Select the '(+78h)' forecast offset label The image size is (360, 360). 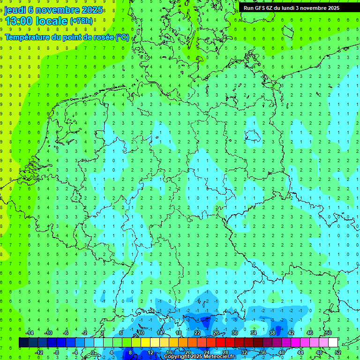(x=81, y=21)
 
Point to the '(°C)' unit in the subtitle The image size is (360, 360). (x=122, y=37)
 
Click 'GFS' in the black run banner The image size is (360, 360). (x=261, y=8)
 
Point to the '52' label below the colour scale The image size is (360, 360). (x=337, y=352)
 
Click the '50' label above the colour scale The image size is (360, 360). (x=328, y=333)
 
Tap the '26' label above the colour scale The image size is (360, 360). (x=216, y=333)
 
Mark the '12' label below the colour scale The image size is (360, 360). (x=150, y=352)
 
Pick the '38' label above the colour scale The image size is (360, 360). (x=272, y=333)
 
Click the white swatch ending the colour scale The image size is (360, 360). (x=333, y=343)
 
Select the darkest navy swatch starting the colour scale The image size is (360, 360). (x=23, y=343)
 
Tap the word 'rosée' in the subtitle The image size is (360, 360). (x=103, y=37)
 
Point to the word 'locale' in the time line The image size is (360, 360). (x=51, y=21)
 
